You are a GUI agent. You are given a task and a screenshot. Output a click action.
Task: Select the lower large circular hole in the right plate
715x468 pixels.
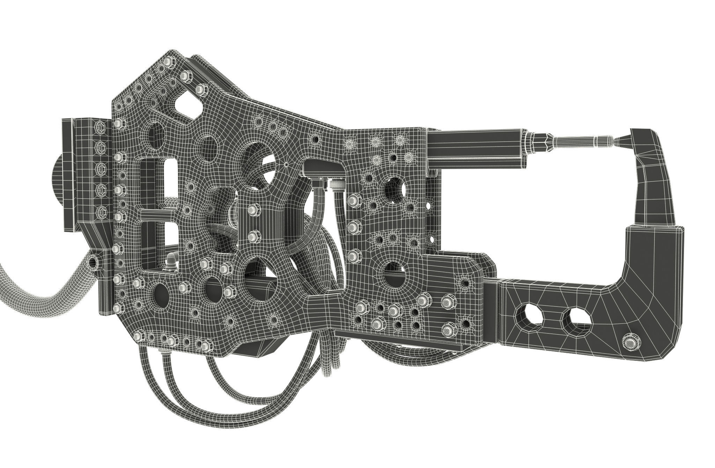pos(395,278)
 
